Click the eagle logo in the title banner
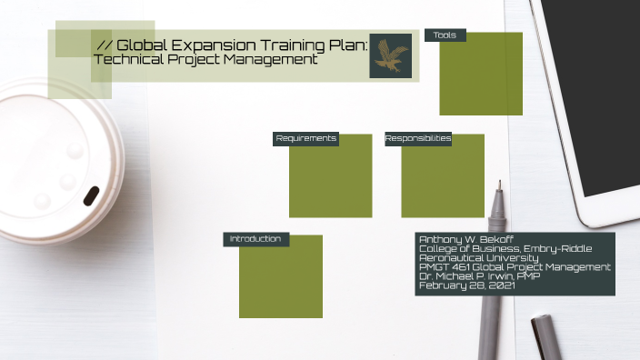pos(391,55)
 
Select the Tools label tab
pos(445,35)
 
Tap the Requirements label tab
pos(306,139)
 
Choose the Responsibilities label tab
pos(418,139)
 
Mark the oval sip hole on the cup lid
pos(92,195)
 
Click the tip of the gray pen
pos(498,187)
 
